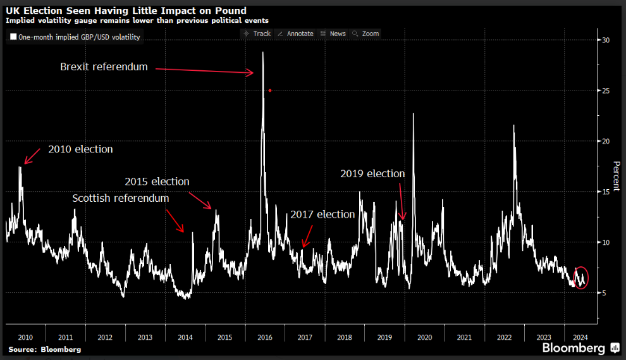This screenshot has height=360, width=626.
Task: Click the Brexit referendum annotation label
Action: coord(104,66)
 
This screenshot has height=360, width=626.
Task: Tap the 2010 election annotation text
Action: coord(80,149)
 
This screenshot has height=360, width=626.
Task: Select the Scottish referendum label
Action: coord(121,198)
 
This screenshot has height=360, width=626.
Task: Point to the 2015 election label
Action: coord(157,182)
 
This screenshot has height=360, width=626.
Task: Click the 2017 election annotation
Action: coord(322,214)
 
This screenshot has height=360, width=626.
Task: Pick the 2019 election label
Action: coord(372,173)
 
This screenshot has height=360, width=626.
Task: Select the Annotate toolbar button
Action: coord(295,34)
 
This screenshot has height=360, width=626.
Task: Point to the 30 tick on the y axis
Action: coord(606,40)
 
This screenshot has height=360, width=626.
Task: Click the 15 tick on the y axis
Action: coord(606,192)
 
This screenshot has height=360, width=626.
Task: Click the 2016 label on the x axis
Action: coord(264,337)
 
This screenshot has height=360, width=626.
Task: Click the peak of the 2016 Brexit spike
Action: coord(262,53)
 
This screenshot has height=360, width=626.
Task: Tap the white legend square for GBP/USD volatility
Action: coord(13,37)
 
